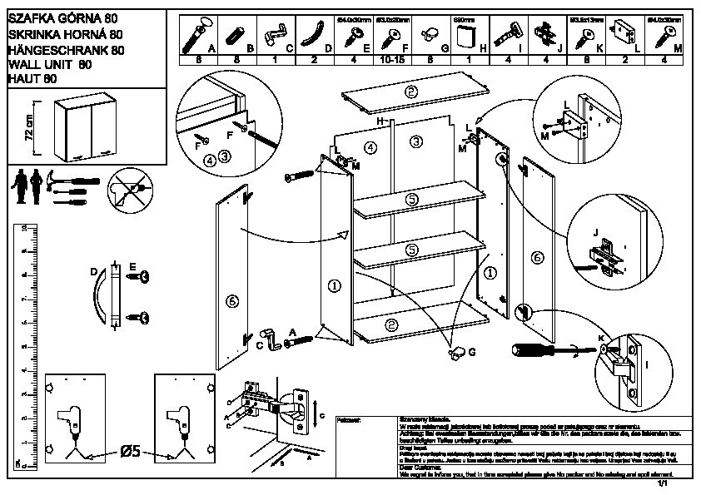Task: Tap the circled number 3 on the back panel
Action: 414,141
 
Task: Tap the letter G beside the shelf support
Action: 472,353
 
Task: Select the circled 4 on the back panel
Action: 371,147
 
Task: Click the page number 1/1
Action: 664,483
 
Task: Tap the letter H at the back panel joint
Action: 380,121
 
